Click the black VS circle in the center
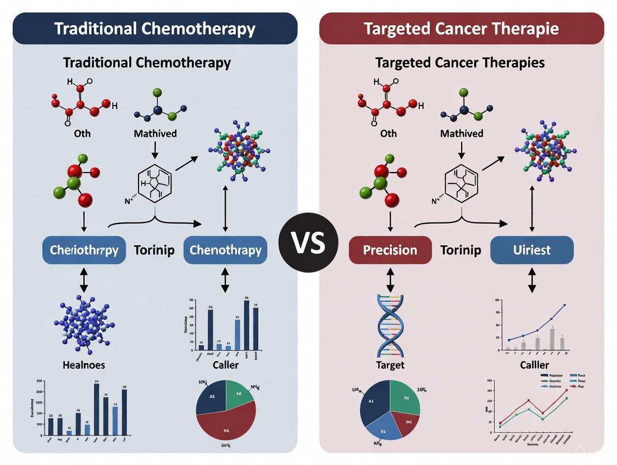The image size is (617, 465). [308, 242]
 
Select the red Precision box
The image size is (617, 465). [390, 250]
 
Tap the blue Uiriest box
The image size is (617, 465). [531, 250]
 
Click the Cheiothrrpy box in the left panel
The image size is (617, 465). [84, 250]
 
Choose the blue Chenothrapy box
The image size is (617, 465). [225, 250]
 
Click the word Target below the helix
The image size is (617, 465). [391, 365]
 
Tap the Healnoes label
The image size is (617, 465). [84, 365]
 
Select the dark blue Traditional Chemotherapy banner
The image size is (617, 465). [155, 29]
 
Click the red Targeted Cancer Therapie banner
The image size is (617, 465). [461, 29]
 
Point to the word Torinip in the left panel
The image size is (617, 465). [154, 250]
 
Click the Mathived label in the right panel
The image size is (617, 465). [461, 134]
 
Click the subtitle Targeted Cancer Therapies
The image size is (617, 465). [460, 62]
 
